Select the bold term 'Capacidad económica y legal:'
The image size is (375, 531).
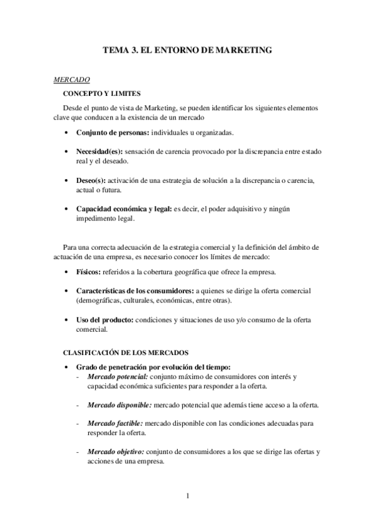[123, 209]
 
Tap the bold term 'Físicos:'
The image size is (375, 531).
[89, 273]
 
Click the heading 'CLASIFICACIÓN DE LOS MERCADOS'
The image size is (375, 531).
[126, 353]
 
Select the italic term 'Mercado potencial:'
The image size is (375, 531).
[118, 376]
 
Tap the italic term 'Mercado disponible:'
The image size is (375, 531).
[120, 405]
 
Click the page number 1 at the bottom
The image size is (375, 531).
[187, 497]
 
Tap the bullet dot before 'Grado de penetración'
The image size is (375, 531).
[67, 367]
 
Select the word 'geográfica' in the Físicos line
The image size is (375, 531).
[200, 273]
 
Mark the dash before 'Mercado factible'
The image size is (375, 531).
[77, 423]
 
